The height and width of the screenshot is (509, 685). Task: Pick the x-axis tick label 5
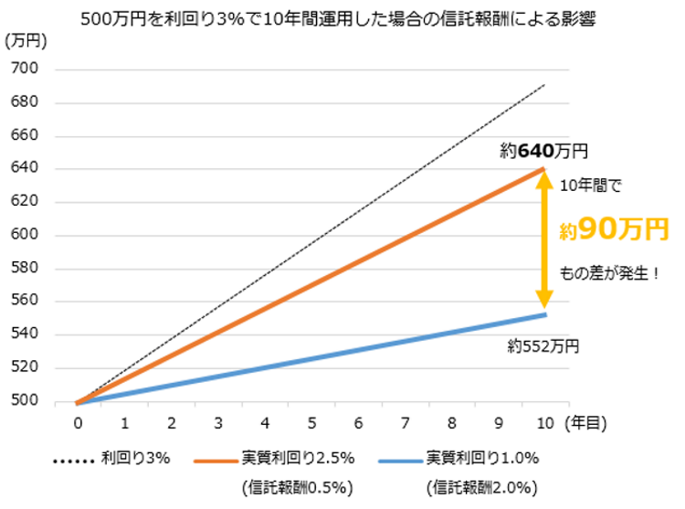click(x=311, y=424)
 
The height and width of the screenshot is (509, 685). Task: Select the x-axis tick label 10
click(x=544, y=424)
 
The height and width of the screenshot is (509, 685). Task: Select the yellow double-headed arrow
click(x=544, y=240)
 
